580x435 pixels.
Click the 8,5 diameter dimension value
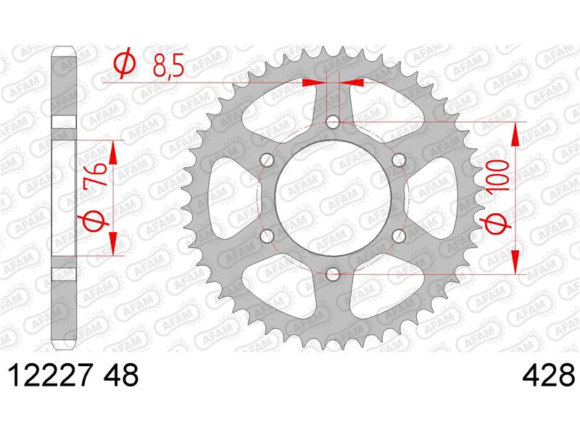(168, 67)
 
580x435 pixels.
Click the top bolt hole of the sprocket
(333, 122)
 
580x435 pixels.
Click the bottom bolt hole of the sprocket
(333, 273)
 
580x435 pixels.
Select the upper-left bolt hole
(267, 159)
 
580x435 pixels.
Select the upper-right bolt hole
(398, 159)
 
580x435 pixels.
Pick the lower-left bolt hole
(267, 235)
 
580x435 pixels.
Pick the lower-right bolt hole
(398, 235)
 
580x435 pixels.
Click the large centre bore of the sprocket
(333, 197)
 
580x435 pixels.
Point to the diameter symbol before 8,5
(124, 66)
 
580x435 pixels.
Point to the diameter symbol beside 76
(98, 223)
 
